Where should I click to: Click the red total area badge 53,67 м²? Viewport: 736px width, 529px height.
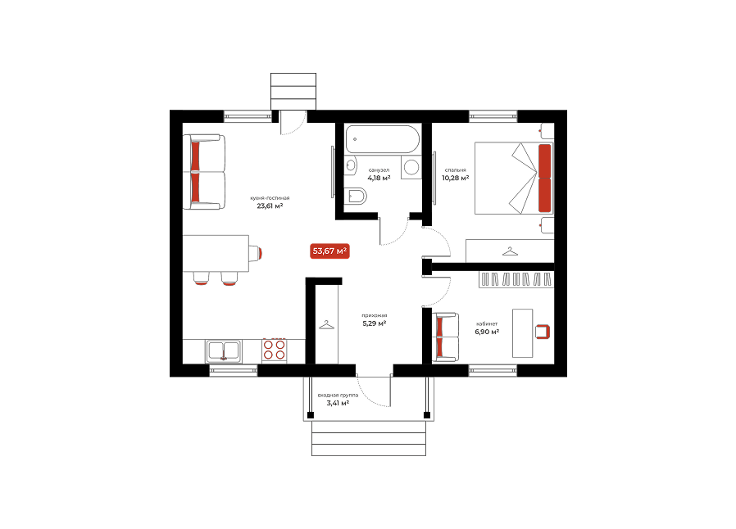click(x=329, y=251)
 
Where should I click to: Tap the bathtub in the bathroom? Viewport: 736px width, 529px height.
click(x=382, y=139)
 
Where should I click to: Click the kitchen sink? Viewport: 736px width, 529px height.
click(x=224, y=350)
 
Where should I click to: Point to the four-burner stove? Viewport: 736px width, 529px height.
click(x=274, y=350)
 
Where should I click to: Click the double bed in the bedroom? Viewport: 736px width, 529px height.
click(x=514, y=179)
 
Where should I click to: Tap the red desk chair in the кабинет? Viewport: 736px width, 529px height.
click(x=543, y=332)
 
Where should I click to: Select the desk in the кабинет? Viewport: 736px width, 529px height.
click(x=522, y=333)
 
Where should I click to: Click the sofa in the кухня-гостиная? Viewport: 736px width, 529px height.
click(x=204, y=172)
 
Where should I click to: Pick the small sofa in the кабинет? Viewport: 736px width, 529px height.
click(x=445, y=337)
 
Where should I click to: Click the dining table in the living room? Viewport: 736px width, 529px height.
click(x=216, y=253)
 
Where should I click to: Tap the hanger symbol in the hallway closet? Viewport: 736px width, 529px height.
click(x=327, y=324)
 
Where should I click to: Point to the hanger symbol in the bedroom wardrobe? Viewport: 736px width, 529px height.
click(x=510, y=251)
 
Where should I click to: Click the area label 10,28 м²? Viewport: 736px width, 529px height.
click(x=456, y=179)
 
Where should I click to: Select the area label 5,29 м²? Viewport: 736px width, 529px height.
click(x=375, y=323)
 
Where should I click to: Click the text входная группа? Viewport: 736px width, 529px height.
click(x=338, y=396)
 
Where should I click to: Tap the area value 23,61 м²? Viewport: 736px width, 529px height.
click(x=270, y=206)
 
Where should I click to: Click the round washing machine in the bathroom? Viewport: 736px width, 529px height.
click(x=411, y=167)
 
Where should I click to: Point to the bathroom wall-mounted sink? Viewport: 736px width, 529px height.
click(x=350, y=165)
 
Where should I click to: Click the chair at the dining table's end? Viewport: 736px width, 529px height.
click(x=256, y=253)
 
